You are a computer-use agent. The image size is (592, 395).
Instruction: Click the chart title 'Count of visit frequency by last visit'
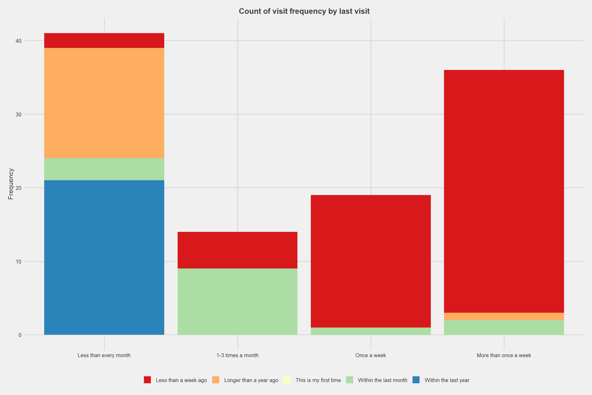click(304, 11)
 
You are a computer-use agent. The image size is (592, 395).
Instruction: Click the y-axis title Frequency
click(10, 184)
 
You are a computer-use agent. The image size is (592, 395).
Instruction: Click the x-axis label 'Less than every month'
click(104, 355)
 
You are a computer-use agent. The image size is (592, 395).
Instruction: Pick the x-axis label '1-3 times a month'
click(237, 355)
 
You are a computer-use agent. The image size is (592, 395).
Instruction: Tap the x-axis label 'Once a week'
click(370, 355)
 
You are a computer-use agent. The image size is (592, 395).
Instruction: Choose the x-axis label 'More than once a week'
click(504, 355)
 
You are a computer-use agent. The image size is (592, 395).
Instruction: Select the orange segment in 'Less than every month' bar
click(104, 103)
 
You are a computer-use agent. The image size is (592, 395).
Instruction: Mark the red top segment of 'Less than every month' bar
click(104, 41)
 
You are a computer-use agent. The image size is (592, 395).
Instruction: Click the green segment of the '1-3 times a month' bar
click(237, 302)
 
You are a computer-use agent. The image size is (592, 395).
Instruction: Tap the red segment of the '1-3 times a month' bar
click(237, 250)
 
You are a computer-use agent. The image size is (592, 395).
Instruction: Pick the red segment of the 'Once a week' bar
click(370, 261)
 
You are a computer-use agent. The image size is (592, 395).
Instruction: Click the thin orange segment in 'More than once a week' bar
click(504, 316)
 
